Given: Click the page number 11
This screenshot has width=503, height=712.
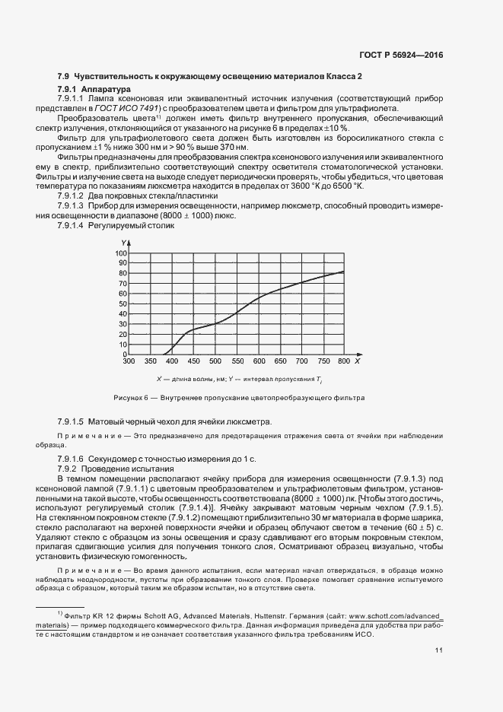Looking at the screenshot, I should click(x=439, y=650).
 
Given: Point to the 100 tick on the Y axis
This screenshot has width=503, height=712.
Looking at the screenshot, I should click(x=121, y=253).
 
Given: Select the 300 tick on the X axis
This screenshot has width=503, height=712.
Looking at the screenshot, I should click(x=129, y=362).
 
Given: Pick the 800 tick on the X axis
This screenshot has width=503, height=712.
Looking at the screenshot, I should click(x=344, y=362).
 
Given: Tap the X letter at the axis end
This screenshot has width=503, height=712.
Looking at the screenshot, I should click(x=357, y=361).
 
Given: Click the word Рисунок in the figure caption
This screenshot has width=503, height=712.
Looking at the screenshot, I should click(x=128, y=398).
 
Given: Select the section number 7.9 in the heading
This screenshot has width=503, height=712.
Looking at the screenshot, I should click(x=64, y=77).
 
